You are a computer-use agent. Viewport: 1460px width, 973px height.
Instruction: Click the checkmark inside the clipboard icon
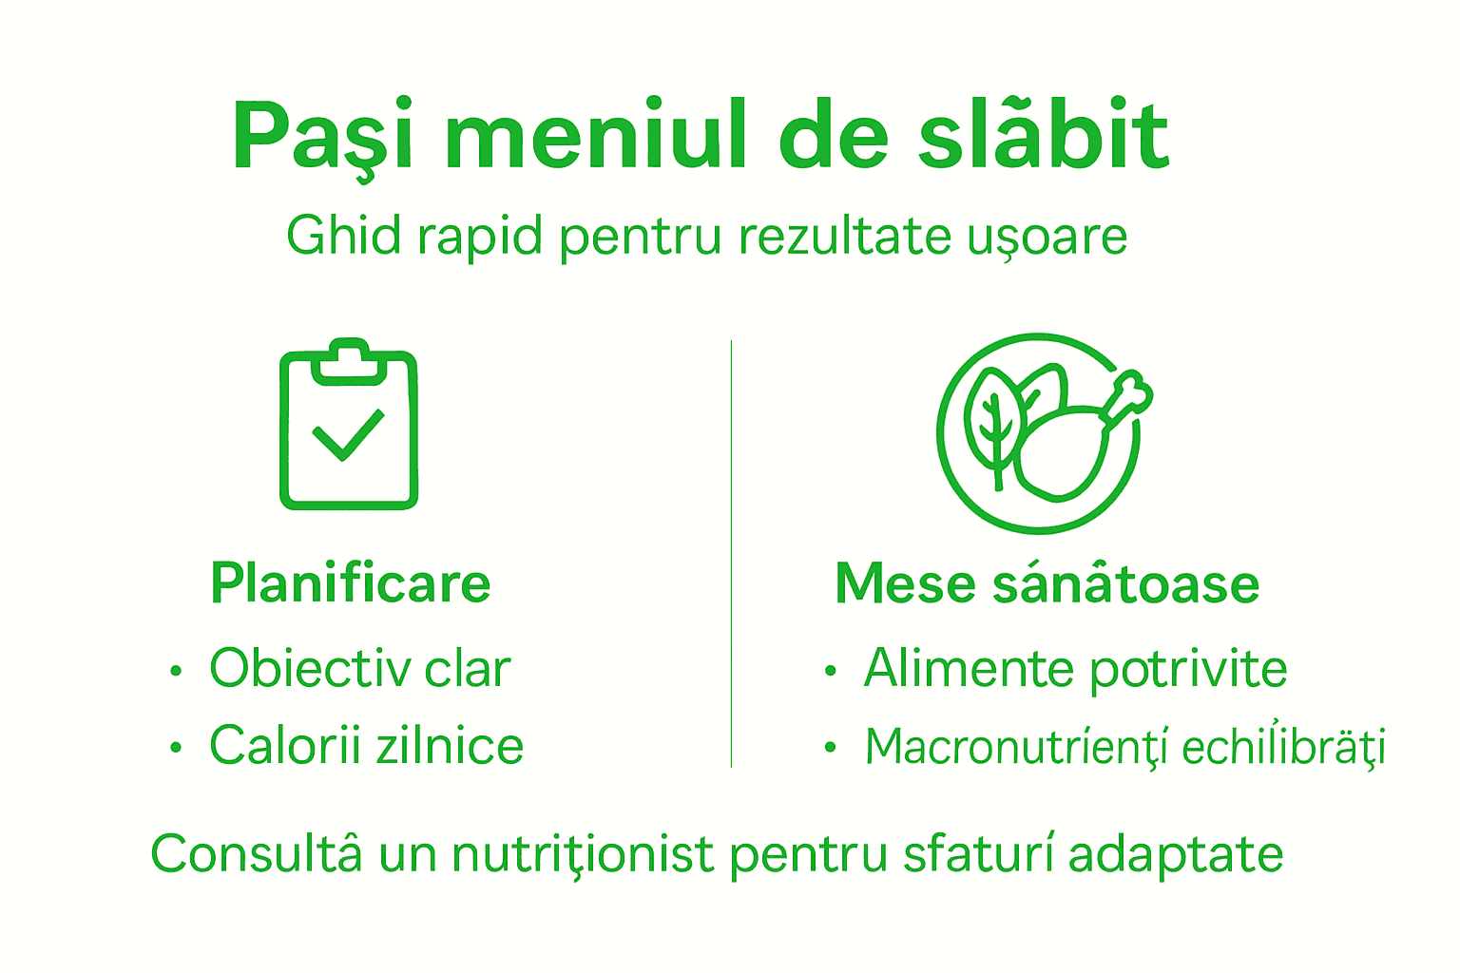[348, 435]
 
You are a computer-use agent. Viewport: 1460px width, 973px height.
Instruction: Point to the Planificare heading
[350, 582]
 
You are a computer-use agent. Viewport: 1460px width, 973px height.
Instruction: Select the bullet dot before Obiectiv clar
[175, 671]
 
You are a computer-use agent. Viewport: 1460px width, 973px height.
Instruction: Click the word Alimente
[969, 668]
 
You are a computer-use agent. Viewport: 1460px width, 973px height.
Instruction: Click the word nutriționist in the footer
[582, 853]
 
